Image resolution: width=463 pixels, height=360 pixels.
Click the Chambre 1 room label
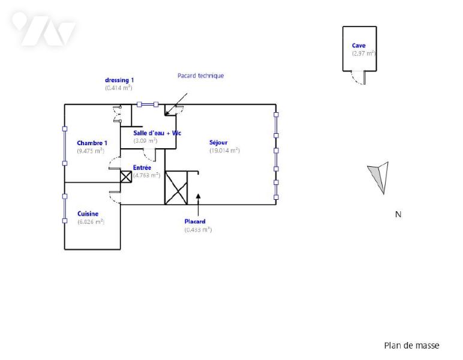click(x=92, y=143)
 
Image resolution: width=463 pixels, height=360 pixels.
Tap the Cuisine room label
click(x=88, y=214)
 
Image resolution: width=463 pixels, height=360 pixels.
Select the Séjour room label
click(x=219, y=143)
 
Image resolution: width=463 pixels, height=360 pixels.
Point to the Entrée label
click(x=142, y=167)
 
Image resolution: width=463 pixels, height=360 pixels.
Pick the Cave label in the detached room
click(x=359, y=45)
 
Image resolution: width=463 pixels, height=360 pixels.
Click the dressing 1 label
click(x=119, y=80)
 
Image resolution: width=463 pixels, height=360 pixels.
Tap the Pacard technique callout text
click(x=200, y=76)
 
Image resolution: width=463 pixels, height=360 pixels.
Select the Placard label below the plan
click(x=195, y=221)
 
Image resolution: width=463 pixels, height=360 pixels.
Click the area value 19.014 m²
click(x=224, y=151)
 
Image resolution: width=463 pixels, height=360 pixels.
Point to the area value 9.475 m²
click(x=92, y=151)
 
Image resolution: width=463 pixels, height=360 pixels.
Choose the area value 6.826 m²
click(x=91, y=221)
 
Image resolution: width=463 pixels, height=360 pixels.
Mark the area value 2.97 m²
click(x=363, y=53)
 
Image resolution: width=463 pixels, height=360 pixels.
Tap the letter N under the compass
click(x=398, y=214)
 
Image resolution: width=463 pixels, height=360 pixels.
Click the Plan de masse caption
click(x=411, y=346)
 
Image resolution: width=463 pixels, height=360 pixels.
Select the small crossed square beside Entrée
click(x=126, y=176)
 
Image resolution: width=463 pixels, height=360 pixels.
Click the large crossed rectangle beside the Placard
click(x=176, y=188)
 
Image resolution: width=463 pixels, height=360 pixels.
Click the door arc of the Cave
click(x=360, y=78)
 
